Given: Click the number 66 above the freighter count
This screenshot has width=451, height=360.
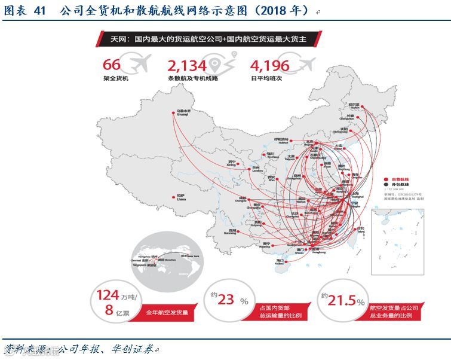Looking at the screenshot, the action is click(112, 65).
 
